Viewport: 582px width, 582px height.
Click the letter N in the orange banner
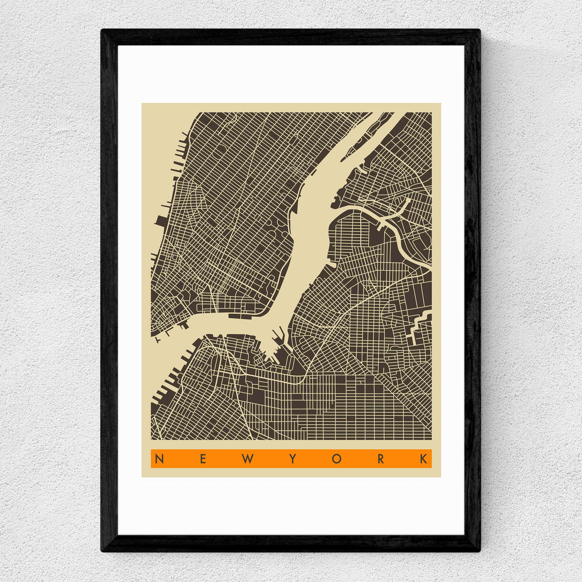159,459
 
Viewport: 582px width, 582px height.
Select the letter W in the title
247,459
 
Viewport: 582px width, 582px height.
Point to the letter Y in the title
292,459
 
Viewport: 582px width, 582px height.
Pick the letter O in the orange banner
336,459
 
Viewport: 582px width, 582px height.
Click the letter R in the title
381,459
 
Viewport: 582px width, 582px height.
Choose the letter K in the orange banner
424,459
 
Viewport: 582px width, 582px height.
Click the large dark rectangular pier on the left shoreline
161,221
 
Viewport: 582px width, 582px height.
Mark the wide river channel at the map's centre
309,227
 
